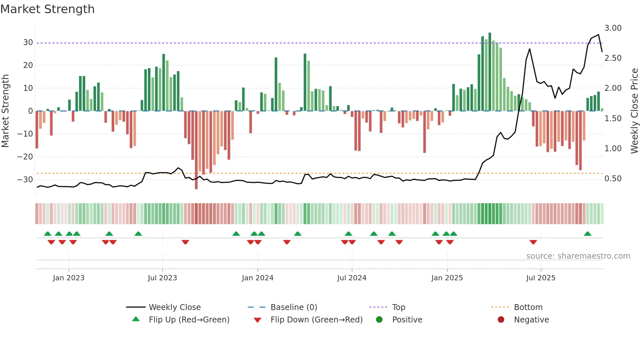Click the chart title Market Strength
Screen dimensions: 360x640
point(47,9)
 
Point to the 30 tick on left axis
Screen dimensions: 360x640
point(28,42)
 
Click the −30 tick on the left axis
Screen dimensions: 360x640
point(25,180)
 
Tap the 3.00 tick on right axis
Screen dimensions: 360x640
point(613,28)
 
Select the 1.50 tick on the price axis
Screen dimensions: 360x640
point(613,119)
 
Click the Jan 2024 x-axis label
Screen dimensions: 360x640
point(257,278)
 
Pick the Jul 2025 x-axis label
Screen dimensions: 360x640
point(540,278)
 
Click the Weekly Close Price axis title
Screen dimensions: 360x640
point(634,111)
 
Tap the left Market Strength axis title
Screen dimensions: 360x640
point(5,111)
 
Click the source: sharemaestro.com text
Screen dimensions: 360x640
point(578,256)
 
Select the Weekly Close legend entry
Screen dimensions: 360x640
point(174,307)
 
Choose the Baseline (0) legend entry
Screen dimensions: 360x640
point(294,307)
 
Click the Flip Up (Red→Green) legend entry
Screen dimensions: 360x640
point(189,320)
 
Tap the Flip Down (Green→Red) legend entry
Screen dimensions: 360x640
point(316,320)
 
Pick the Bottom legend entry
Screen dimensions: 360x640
point(528,307)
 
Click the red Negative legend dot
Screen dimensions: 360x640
point(501,320)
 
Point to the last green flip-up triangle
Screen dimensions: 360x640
point(587,234)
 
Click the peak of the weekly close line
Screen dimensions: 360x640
point(599,35)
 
